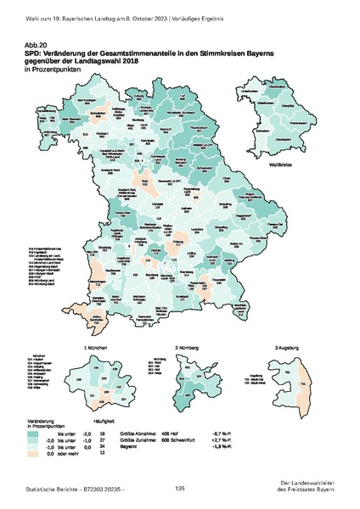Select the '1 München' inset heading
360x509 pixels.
(x=93, y=349)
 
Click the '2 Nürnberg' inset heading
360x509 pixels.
(x=188, y=349)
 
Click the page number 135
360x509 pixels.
(x=180, y=488)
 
